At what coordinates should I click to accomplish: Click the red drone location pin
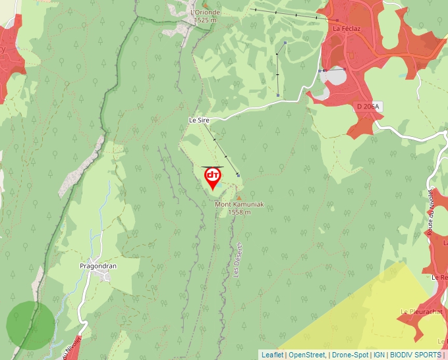pyautogui.click(x=212, y=176)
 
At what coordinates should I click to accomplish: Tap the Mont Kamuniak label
pyautogui.click(x=239, y=205)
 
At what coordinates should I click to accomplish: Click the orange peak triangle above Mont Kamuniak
pyautogui.click(x=238, y=197)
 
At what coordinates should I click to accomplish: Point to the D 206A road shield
pyautogui.click(x=368, y=106)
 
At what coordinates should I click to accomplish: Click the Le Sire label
pyautogui.click(x=198, y=120)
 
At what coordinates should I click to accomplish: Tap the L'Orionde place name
pyautogui.click(x=205, y=13)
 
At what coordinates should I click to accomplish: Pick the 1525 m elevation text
pyautogui.click(x=206, y=20)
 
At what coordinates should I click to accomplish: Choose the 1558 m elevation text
pyautogui.click(x=240, y=213)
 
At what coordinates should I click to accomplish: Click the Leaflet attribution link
pyautogui.click(x=272, y=355)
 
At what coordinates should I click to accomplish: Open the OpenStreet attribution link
pyautogui.click(x=306, y=355)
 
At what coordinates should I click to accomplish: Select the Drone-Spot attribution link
pyautogui.click(x=349, y=355)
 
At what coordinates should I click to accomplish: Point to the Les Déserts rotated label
pyautogui.click(x=238, y=263)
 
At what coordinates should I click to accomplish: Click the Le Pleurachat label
pyautogui.click(x=416, y=311)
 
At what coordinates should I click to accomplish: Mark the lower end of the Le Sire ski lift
pyautogui.click(x=238, y=174)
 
